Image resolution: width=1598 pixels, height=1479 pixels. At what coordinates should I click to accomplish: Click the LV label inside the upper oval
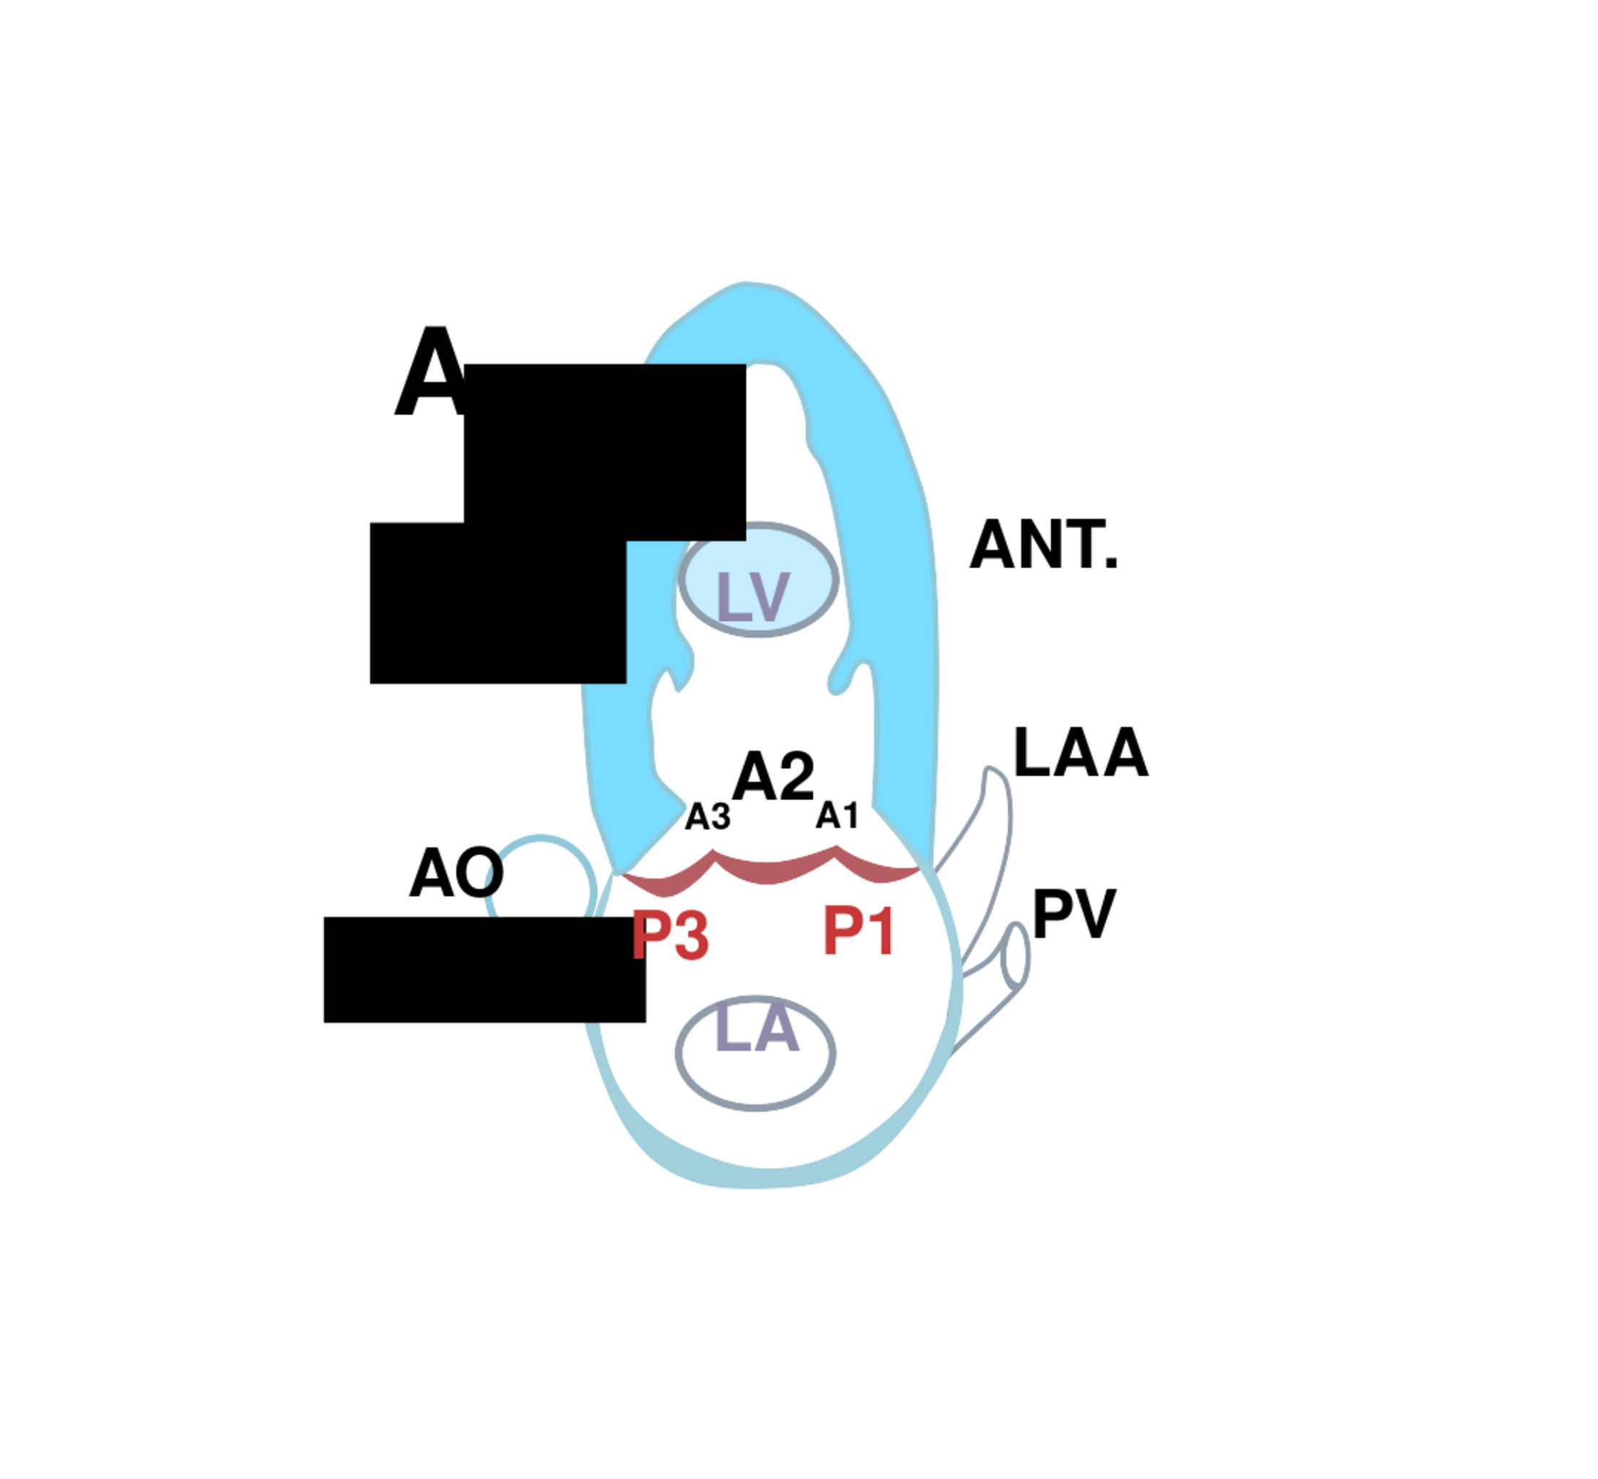coord(753,597)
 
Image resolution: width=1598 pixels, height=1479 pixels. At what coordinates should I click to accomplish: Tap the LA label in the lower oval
coord(756,1028)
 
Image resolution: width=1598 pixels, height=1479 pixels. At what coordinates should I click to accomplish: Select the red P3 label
coord(670,936)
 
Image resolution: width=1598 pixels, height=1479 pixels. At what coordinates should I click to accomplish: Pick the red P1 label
coord(858,931)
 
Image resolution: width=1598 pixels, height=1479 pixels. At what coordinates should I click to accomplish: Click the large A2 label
coord(773,776)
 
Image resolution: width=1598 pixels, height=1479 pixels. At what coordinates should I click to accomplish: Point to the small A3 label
coord(708,817)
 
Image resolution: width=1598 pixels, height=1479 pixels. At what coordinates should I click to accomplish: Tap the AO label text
coord(456,873)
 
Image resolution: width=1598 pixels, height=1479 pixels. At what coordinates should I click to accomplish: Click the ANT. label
coord(1043,546)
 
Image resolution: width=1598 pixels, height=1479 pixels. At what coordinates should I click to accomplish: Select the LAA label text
coord(1080,753)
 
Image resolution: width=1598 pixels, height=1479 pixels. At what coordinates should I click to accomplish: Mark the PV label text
coord(1073,914)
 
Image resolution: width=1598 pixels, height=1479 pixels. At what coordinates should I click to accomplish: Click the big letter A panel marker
coord(430,372)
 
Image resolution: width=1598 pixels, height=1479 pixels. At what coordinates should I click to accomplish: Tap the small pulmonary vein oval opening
coord(1015,955)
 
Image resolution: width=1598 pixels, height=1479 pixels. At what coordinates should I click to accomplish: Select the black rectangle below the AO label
coord(484,969)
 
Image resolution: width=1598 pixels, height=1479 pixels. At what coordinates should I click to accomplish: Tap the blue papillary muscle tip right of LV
coord(841,680)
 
